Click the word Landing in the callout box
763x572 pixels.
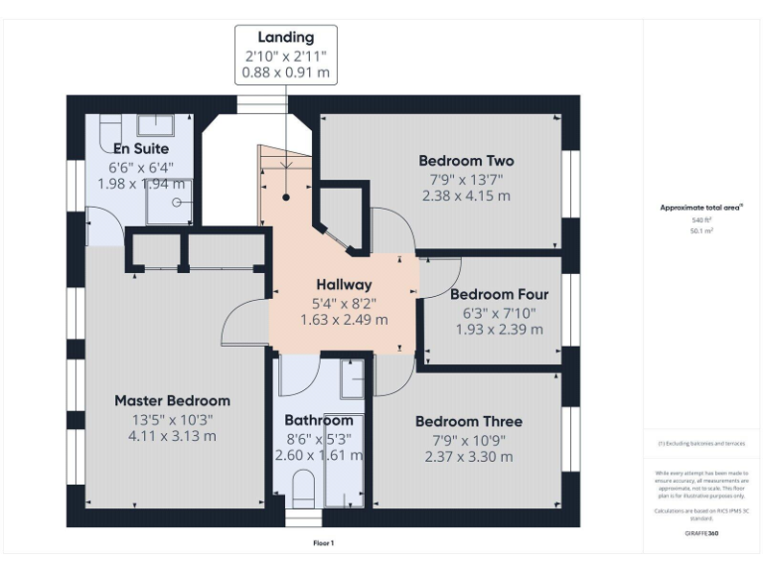[285, 38]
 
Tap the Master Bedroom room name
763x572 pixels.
[172, 400]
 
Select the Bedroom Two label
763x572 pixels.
[465, 161]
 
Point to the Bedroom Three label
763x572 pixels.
[468, 421]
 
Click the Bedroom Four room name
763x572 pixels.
[499, 294]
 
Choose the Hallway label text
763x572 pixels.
[344, 284]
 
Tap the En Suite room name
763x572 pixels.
[141, 149]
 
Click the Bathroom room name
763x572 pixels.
[319, 420]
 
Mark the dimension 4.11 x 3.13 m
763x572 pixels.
[172, 435]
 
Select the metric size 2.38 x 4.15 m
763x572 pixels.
[465, 196]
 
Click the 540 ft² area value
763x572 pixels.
[701, 219]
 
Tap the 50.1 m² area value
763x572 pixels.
[701, 229]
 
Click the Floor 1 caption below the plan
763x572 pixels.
[324, 543]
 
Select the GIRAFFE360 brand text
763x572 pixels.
[701, 533]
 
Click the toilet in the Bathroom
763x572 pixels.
[304, 487]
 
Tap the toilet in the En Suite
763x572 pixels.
[109, 127]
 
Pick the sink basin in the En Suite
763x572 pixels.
[154, 124]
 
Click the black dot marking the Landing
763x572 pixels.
[285, 198]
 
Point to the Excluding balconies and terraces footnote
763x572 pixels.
[701, 444]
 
